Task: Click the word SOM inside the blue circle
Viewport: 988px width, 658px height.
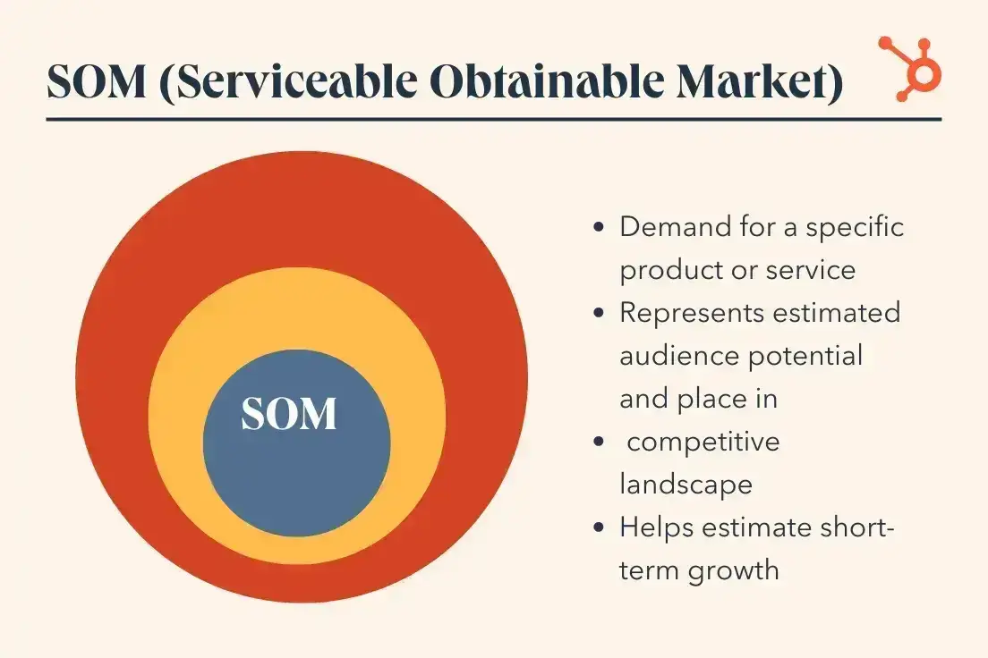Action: point(289,414)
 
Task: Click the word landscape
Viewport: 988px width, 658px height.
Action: point(686,485)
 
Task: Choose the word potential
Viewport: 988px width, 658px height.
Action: point(807,356)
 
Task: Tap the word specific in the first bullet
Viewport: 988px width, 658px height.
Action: point(855,226)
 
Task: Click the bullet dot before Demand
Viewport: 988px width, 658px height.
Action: point(599,227)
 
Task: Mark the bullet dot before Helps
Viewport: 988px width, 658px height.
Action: point(599,527)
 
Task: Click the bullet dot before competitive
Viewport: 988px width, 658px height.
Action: point(599,442)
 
